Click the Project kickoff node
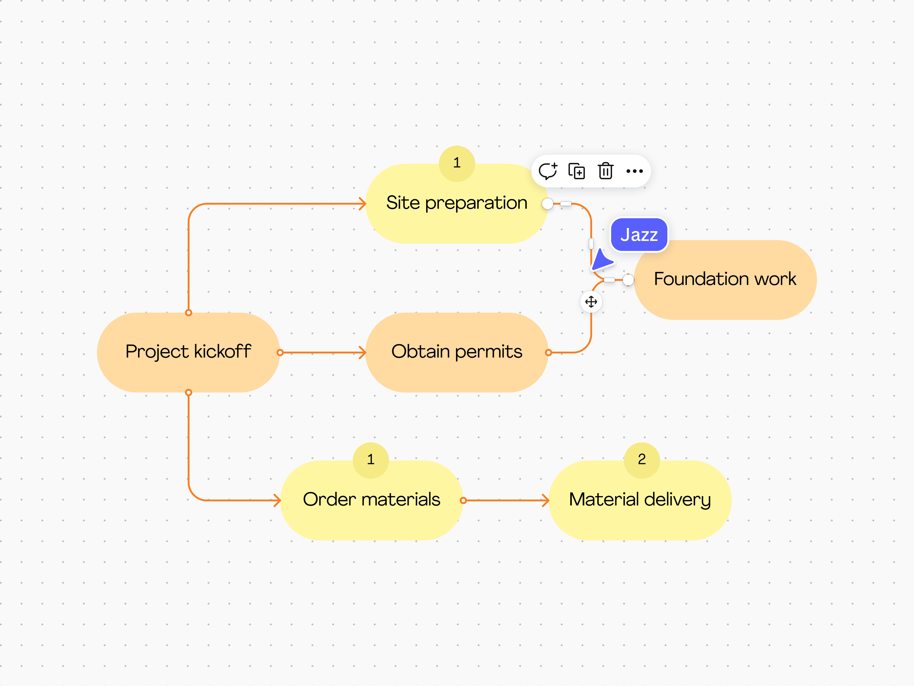pos(188,352)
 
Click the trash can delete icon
pos(605,171)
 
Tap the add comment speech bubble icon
pos(548,171)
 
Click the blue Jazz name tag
pos(639,235)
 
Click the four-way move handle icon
pos(591,302)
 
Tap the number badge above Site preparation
pos(457,163)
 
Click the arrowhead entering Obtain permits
pos(362,352)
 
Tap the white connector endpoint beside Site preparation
pos(547,203)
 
